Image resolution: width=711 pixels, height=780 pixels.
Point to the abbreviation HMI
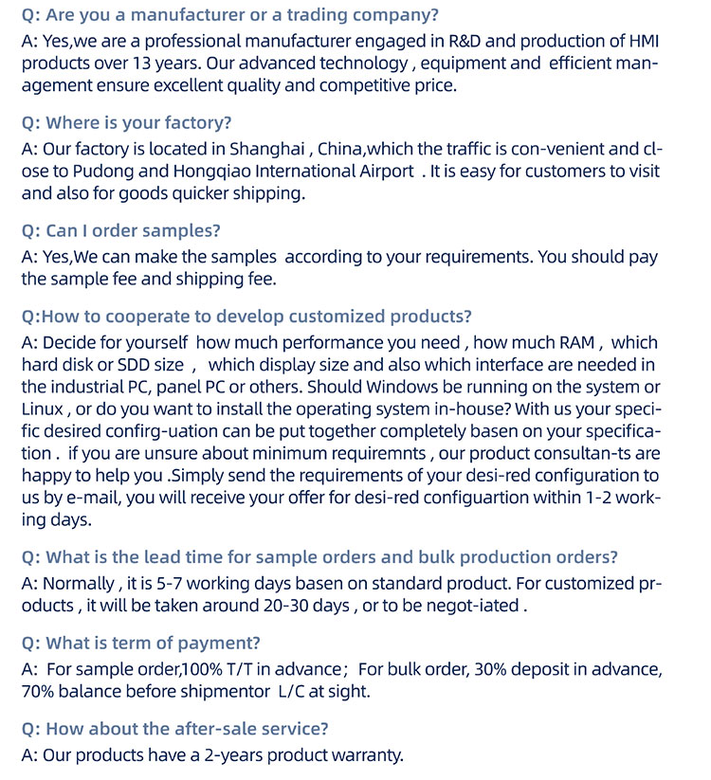pyautogui.click(x=647, y=42)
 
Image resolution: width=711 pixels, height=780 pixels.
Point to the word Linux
pyautogui.click(x=44, y=409)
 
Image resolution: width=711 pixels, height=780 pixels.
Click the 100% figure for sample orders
pyautogui.click(x=199, y=670)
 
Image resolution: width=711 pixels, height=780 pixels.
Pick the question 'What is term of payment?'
pyautogui.click(x=141, y=643)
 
